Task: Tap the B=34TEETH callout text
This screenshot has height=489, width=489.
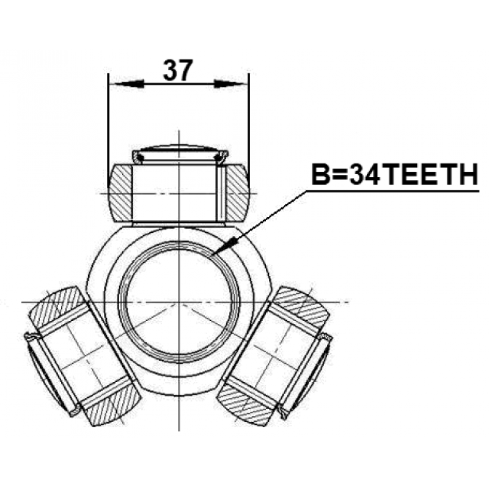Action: [394, 175]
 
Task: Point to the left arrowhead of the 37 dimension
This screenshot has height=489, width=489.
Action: [129, 84]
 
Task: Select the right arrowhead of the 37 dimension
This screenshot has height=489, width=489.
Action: [229, 84]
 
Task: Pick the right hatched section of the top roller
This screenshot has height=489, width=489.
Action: [237, 193]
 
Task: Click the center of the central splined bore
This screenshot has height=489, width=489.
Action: [179, 302]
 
